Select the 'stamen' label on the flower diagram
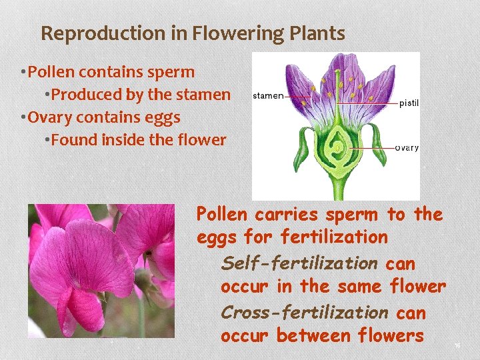[x=268, y=96]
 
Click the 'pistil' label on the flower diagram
[x=409, y=103]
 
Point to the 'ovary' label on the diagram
[x=407, y=147]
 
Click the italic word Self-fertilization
[x=299, y=263]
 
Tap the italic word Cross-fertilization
[x=305, y=312]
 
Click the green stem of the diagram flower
[x=339, y=187]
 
